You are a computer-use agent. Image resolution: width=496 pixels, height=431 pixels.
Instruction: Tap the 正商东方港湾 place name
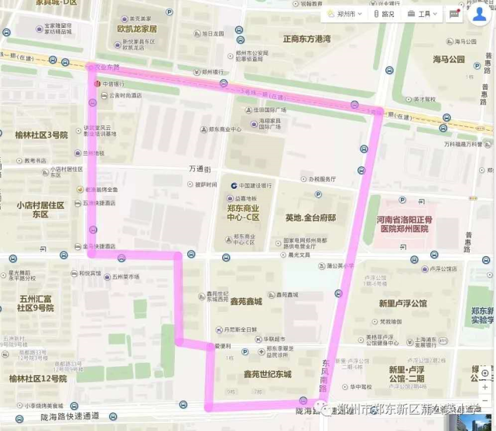click(x=307, y=39)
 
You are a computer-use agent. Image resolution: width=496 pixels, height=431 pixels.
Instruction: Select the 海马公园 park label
click(x=449, y=60)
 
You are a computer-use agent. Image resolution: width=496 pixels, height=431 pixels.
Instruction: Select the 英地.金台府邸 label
click(x=310, y=218)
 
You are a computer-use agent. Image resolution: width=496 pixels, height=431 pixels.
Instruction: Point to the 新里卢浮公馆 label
click(x=402, y=303)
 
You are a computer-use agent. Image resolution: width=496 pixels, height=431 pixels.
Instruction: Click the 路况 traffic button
click(x=385, y=14)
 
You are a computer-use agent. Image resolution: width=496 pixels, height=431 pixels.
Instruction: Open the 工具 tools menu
click(x=424, y=14)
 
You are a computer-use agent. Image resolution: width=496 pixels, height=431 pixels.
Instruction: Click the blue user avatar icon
click(x=480, y=15)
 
